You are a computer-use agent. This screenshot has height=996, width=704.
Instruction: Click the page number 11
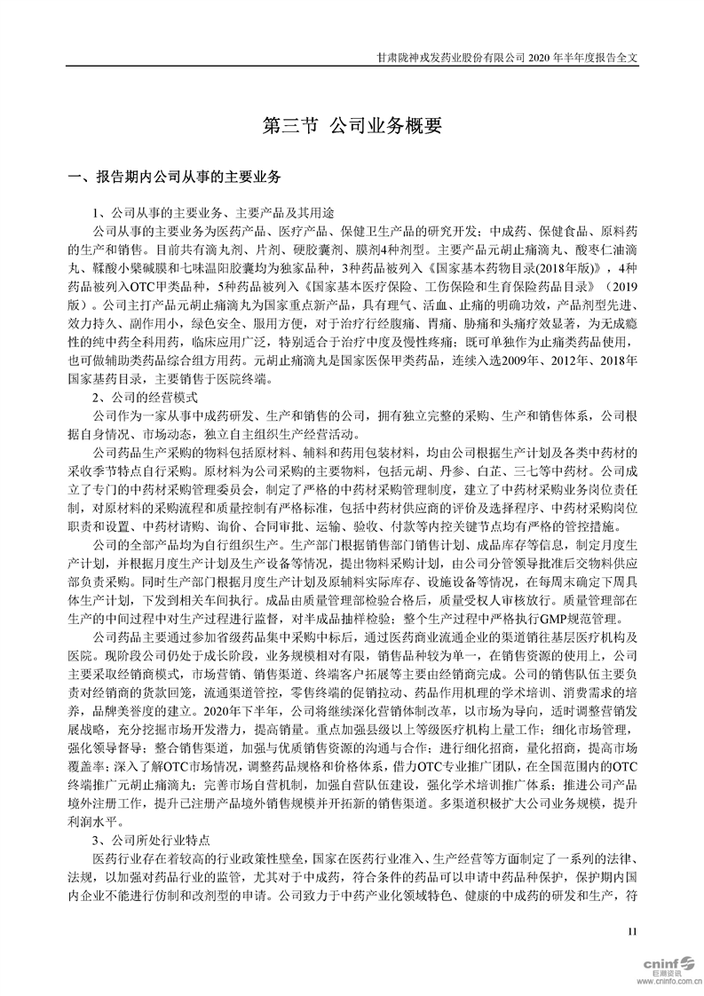point(632,930)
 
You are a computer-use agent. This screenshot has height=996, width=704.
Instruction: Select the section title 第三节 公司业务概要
point(352,127)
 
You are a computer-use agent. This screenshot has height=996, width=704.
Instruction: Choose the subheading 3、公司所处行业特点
point(152,840)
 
